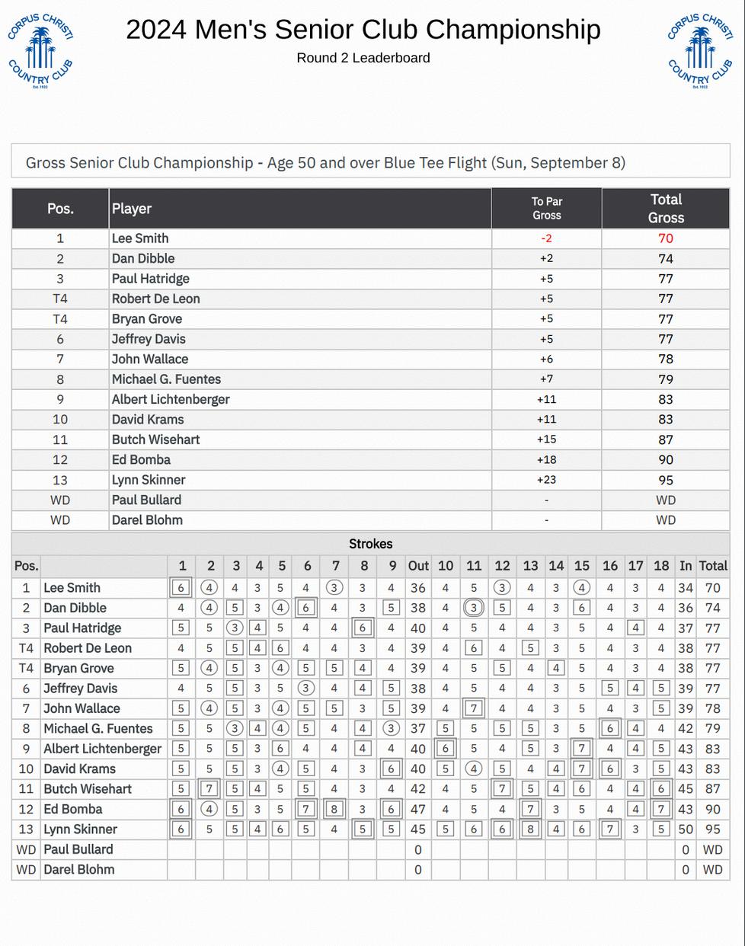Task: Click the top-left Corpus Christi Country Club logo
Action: (40, 50)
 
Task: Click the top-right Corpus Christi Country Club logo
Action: (700, 50)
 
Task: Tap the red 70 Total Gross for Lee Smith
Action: (666, 238)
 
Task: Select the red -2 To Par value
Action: (546, 238)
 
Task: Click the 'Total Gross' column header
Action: (666, 209)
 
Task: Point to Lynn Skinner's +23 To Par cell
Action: (546, 480)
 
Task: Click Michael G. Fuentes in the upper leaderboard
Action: (166, 379)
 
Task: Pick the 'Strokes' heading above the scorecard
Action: (371, 544)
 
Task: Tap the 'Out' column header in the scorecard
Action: (418, 566)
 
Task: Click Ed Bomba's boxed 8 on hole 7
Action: (334, 809)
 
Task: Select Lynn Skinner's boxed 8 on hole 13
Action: (530, 829)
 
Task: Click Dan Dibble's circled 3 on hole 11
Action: (474, 608)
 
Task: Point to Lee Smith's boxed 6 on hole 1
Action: (181, 588)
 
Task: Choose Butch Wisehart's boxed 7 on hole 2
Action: (210, 789)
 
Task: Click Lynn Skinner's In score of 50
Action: (686, 829)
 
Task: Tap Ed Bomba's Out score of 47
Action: (418, 809)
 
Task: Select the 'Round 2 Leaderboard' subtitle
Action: (363, 58)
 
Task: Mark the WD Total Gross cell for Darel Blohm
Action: (666, 520)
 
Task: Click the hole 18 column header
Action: (661, 566)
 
